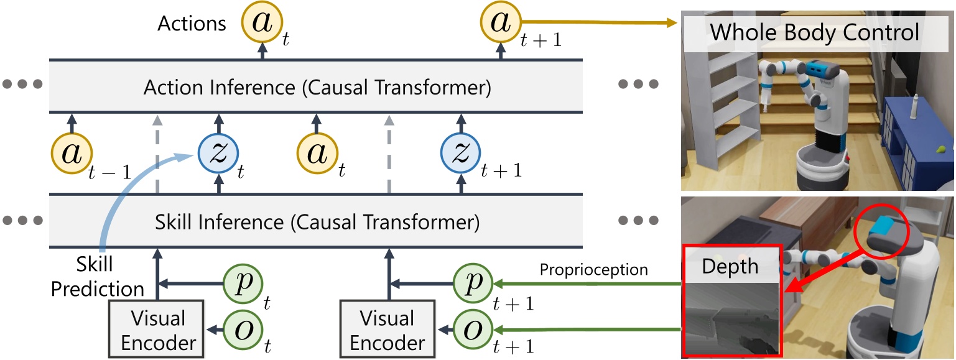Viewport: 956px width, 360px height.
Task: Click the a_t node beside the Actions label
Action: [x=261, y=24]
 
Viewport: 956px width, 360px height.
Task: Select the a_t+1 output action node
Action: [x=500, y=23]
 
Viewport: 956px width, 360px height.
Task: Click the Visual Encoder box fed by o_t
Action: [x=157, y=330]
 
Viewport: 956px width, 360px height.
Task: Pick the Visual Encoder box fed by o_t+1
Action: [x=388, y=330]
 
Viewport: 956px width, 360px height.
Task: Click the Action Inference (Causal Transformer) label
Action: [x=317, y=88]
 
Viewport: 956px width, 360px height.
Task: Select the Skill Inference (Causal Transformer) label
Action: [x=317, y=221]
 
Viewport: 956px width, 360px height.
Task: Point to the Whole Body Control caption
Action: [x=815, y=32]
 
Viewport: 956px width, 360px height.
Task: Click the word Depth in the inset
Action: [x=730, y=266]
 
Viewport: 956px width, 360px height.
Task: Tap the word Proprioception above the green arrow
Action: [x=593, y=269]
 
